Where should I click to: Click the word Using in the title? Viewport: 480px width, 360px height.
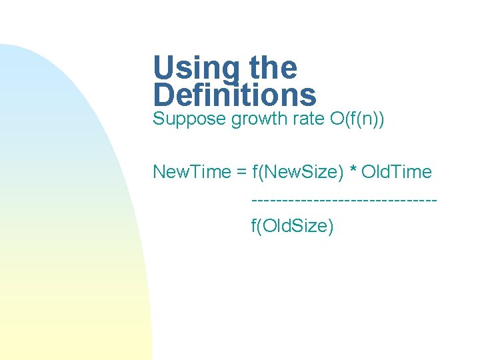point(197,68)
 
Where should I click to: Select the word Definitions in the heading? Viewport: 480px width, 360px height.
point(235,95)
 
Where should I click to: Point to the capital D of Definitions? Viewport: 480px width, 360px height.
point(164,95)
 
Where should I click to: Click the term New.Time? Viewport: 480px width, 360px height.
point(191,172)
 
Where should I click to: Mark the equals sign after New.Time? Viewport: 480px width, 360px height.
point(241,173)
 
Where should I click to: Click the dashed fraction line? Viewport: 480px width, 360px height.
point(344,199)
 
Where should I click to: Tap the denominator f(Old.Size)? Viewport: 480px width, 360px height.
point(292,226)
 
